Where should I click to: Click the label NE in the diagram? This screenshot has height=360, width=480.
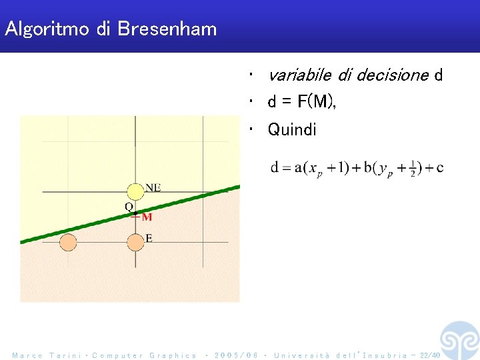153,187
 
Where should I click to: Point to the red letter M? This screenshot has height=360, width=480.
147,217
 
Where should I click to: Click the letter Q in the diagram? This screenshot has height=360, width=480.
129,207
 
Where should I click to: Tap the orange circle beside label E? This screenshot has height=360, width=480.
135,242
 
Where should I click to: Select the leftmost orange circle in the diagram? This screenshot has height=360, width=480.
68,242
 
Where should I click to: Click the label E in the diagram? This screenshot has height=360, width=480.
149,238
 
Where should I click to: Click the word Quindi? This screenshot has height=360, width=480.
292,129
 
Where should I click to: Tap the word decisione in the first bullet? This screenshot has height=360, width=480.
392,75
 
